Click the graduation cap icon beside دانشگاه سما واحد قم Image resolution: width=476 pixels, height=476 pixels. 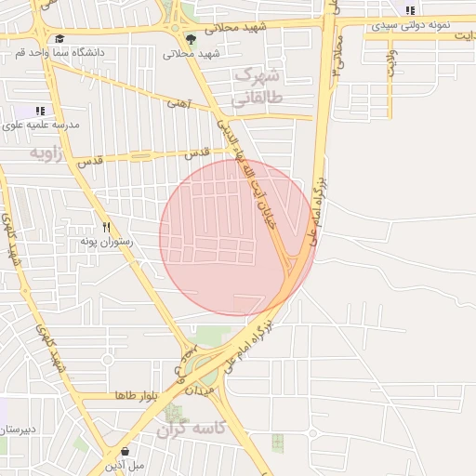(x=60, y=39)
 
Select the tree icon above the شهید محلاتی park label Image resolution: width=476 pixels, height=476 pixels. (x=191, y=39)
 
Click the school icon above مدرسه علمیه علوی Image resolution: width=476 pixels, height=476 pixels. (x=40, y=111)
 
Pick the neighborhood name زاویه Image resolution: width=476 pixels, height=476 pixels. (x=46, y=152)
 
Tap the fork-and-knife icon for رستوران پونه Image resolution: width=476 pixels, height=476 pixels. (x=107, y=226)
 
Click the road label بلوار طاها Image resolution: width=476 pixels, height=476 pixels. (x=139, y=395)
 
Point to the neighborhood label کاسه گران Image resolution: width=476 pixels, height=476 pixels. (x=192, y=429)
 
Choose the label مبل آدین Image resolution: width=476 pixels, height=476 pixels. (x=124, y=465)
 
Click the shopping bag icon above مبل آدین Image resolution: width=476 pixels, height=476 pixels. (x=125, y=452)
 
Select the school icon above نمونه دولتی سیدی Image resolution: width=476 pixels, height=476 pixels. (x=410, y=10)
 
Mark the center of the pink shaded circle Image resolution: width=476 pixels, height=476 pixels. (x=237, y=237)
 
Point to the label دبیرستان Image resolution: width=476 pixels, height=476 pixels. (x=17, y=430)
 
